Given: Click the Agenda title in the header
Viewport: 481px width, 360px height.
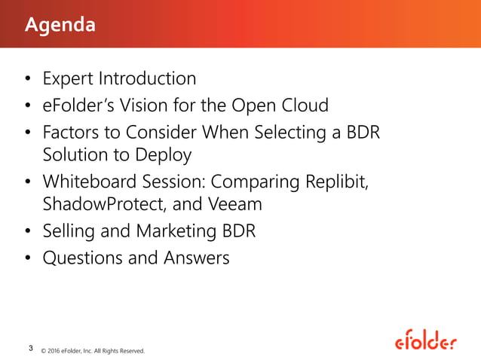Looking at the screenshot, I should pyautogui.click(x=60, y=25).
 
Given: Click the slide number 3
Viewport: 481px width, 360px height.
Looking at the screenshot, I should pyautogui.click(x=29, y=347).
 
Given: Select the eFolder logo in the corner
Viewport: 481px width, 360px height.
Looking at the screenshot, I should pyautogui.click(x=425, y=342).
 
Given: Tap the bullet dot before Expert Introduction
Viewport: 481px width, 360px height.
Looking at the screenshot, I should pyautogui.click(x=27, y=79).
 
